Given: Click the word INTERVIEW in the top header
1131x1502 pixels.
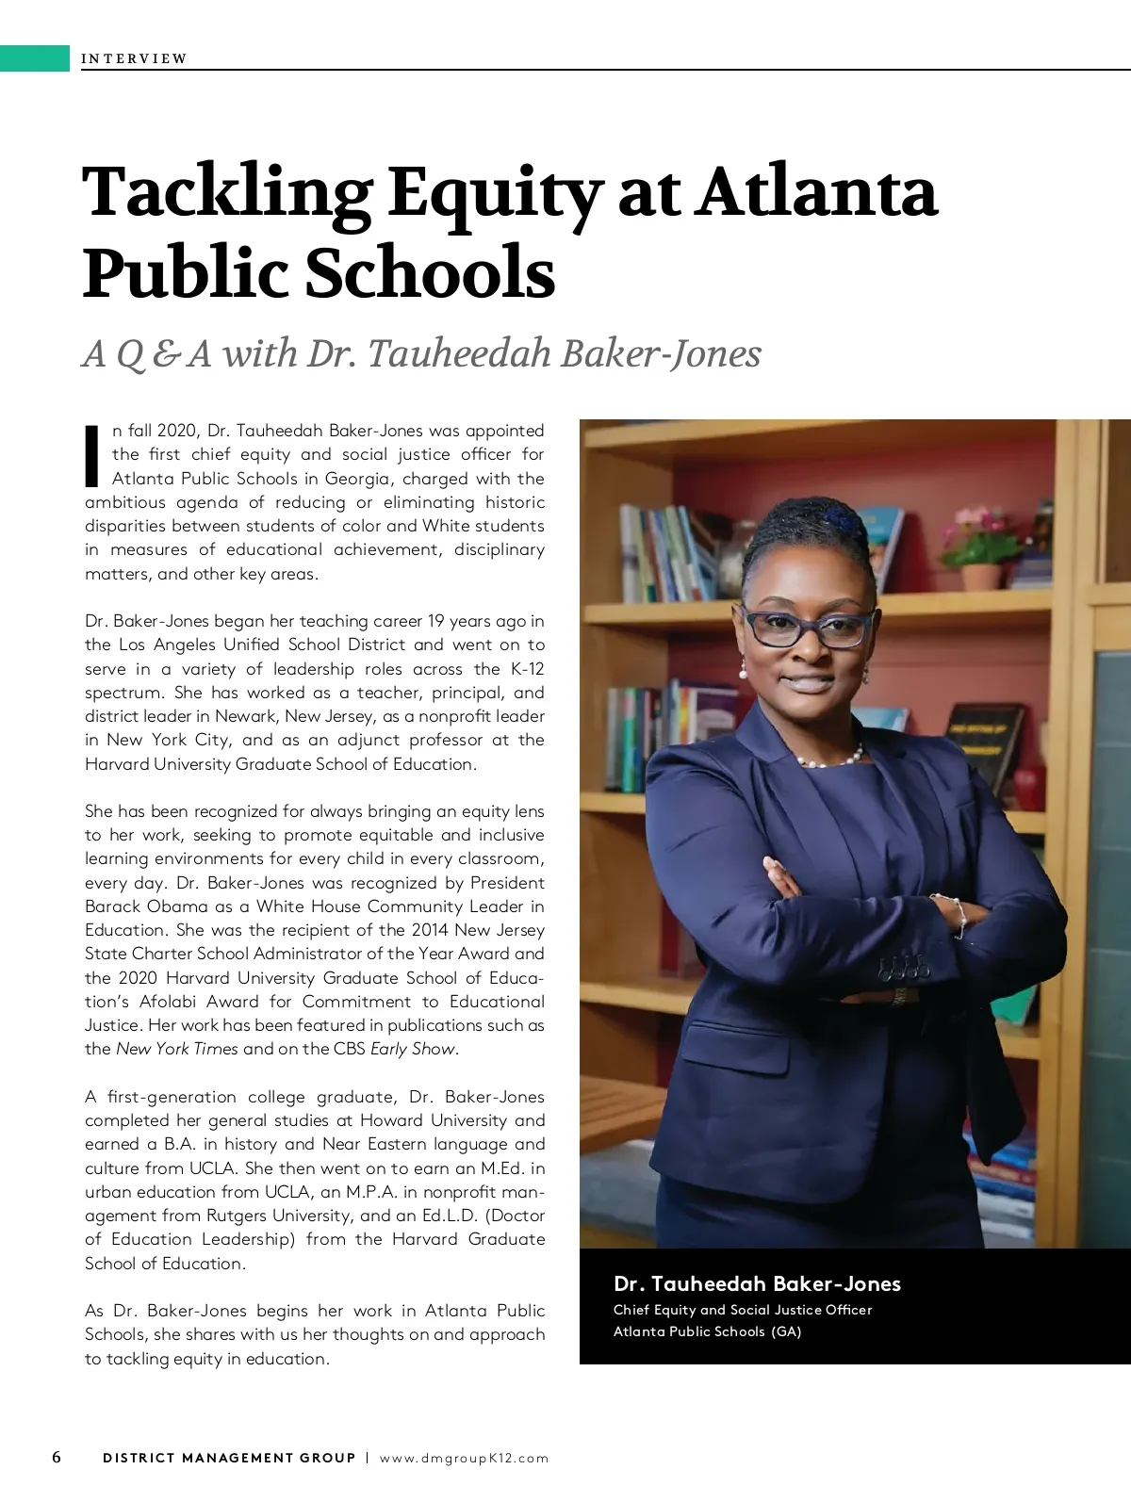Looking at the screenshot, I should (x=134, y=58).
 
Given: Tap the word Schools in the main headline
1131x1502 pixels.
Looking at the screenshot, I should (x=429, y=273).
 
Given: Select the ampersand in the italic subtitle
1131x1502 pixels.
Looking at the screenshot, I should (x=166, y=354).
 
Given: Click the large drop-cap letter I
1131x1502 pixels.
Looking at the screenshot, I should (x=92, y=455).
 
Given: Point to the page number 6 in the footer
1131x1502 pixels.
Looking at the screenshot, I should (x=57, y=1457).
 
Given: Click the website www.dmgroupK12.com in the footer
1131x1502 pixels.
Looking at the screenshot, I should (x=464, y=1458).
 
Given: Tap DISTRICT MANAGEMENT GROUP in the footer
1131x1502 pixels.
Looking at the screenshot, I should (x=229, y=1458).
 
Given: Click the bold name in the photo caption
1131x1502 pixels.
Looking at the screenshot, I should (x=757, y=1283).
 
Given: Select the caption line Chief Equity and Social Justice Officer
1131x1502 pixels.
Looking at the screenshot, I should (x=743, y=1310).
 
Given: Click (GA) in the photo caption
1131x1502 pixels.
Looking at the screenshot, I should (x=786, y=1331).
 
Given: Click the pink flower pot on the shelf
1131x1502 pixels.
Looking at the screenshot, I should (x=982, y=575).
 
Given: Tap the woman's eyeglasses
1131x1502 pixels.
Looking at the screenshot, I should (x=808, y=628).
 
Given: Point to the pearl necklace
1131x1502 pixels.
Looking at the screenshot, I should (x=829, y=759).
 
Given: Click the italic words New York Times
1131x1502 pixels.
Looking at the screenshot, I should (x=177, y=1049).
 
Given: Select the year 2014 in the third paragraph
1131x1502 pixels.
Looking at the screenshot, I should (x=429, y=930).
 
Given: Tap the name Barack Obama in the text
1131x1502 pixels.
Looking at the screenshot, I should (x=146, y=906).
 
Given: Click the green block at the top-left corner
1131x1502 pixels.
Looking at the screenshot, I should (x=35, y=57).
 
